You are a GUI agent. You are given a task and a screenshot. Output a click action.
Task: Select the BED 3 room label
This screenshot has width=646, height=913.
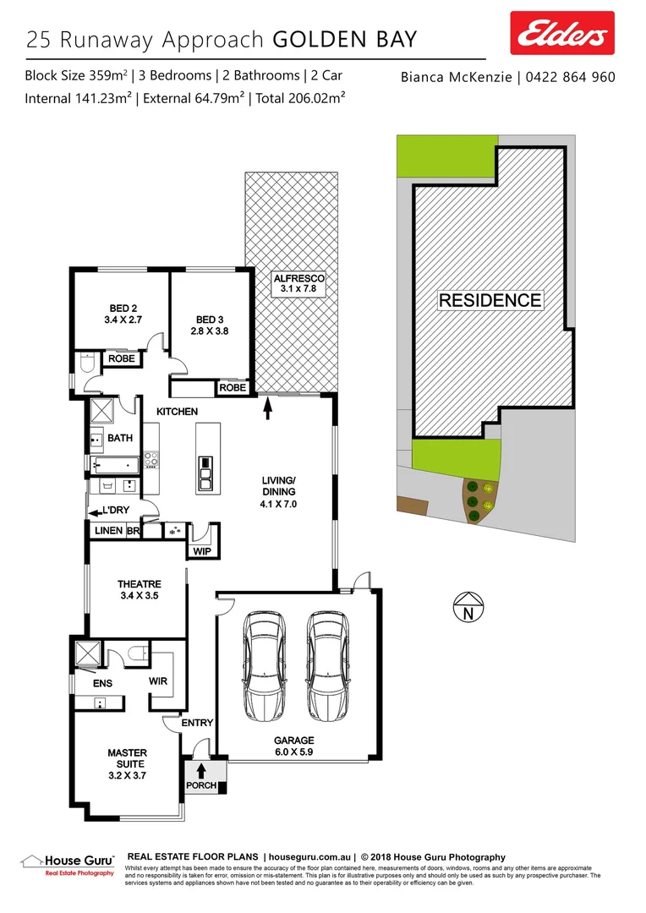point(207,325)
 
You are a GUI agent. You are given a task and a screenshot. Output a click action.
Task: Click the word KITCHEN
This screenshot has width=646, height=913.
point(177,412)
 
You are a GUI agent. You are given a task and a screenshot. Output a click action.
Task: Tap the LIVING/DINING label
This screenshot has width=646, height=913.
point(278,497)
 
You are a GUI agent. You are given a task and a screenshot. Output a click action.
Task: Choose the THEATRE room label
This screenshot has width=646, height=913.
point(139,589)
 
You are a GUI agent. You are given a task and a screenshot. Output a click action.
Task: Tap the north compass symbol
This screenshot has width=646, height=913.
point(467,609)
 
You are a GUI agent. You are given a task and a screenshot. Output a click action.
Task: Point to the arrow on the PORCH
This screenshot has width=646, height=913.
point(200,770)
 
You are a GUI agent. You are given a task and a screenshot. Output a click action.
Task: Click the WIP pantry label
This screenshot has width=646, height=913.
point(201,551)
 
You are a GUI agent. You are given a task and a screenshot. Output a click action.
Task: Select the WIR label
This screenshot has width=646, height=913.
point(159,681)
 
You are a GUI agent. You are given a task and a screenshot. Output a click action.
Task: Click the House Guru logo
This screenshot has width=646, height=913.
point(68,862)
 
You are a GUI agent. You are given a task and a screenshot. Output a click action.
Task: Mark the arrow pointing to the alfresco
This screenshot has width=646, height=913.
point(269,409)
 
